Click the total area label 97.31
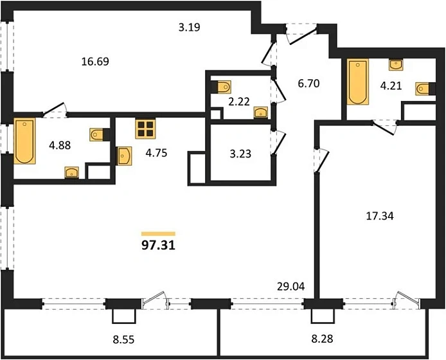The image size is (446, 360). coord(158,246)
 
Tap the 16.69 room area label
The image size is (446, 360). coord(95,62)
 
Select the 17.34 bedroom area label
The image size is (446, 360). coord(380,216)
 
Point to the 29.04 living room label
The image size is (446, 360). coord(291,287)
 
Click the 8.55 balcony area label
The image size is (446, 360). coord(123,339)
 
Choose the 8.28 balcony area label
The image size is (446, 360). coord(322,339)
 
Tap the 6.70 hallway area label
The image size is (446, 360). coord(309,84)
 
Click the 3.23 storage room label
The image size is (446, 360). coord(240,154)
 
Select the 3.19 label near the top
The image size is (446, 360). coord(190,27)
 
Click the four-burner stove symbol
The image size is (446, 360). coord(146,129)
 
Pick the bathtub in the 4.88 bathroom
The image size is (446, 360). coord(24,141)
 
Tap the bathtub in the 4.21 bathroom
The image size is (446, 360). coord(358,82)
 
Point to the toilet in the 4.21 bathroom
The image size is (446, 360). coord(422,89)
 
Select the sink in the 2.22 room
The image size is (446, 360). coord(260,112)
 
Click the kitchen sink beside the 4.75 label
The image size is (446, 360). coord(125,156)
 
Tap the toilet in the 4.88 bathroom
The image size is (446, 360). coord(96,134)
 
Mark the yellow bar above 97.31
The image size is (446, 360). coord(158,234)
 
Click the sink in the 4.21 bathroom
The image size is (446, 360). coord(396,64)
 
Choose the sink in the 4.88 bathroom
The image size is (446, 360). coord(72,172)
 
